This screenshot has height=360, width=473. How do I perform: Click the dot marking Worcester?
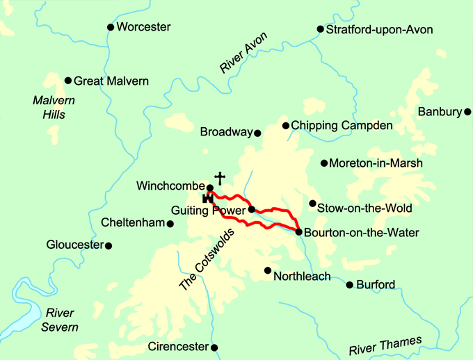pos(110,27)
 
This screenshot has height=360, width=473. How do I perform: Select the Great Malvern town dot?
pos(68,81)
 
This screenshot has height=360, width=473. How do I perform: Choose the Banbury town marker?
pos(468,112)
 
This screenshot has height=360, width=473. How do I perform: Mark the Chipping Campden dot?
pos(285,126)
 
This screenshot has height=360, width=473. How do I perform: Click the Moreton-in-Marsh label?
pos(376,163)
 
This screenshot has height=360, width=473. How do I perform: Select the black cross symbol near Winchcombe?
pos(220,179)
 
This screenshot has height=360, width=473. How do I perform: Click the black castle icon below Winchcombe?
pos(207,198)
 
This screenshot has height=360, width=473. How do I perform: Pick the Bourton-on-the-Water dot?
pos(298,232)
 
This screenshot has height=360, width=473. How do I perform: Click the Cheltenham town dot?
pos(170,223)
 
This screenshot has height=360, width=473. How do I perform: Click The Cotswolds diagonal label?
pos(207,260)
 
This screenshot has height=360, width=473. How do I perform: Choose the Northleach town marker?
pos(267,270)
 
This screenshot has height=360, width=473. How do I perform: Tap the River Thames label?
pos(385,345)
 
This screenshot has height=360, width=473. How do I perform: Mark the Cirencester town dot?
pos(214,347)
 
